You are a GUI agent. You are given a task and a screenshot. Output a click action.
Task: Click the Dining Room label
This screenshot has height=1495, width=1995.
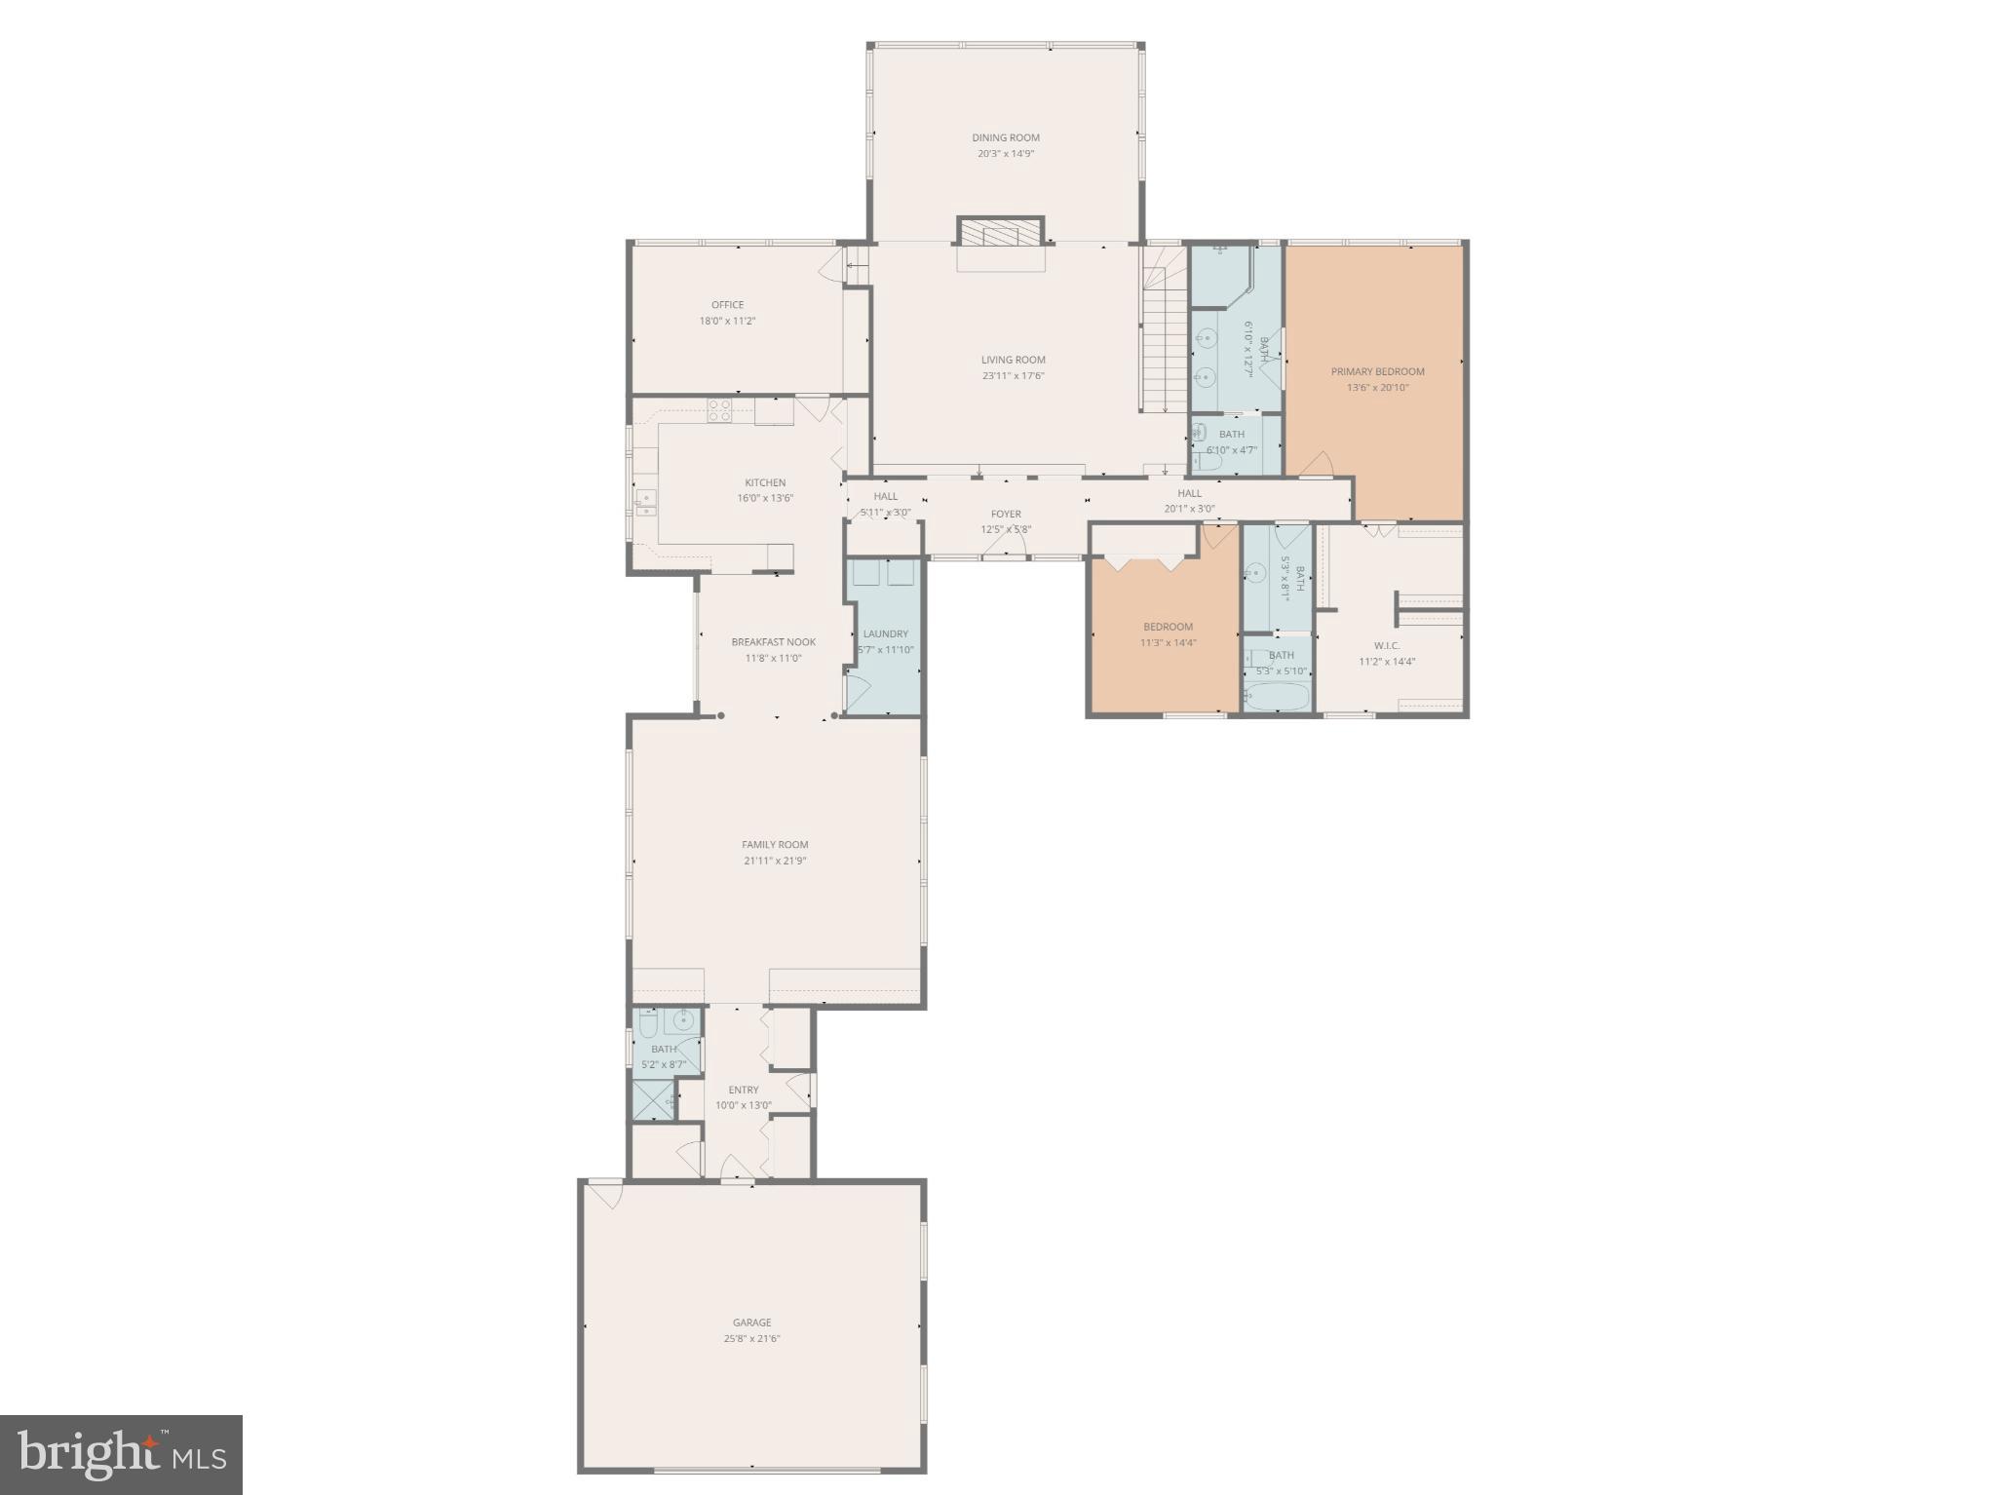point(1005,137)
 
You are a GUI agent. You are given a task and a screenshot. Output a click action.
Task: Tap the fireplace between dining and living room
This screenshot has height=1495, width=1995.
point(1001,233)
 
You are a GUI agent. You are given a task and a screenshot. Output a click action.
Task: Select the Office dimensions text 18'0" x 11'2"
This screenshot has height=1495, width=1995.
point(727,321)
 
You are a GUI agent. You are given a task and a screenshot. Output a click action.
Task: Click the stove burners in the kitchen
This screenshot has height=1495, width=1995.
point(719,410)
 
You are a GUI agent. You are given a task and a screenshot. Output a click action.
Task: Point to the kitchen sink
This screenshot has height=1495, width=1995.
point(646,502)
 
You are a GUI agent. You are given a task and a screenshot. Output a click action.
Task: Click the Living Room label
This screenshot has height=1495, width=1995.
point(1013,360)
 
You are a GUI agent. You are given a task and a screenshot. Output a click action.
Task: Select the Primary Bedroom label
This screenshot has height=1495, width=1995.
point(1377,371)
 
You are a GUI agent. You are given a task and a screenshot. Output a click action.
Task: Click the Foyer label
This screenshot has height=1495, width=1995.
point(1006,514)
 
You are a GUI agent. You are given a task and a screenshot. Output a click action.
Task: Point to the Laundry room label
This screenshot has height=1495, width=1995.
point(885,633)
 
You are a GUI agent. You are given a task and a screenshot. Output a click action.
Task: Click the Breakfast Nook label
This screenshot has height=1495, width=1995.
point(773,641)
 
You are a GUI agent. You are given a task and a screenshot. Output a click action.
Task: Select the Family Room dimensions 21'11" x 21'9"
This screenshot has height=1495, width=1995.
point(774,861)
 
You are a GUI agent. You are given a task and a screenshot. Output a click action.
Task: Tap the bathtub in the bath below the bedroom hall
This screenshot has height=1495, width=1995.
point(1277,697)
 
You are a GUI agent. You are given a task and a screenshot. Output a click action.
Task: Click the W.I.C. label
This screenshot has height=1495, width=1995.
point(1386,645)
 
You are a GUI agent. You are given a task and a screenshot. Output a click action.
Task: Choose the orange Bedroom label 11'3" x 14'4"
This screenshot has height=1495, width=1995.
point(1168,627)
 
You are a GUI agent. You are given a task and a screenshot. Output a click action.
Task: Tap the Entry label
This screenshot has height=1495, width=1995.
point(743,1090)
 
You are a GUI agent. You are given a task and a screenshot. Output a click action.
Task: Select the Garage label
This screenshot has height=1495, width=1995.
point(751,1322)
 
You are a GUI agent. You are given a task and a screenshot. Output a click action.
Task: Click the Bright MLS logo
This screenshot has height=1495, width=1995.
point(121,1454)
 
